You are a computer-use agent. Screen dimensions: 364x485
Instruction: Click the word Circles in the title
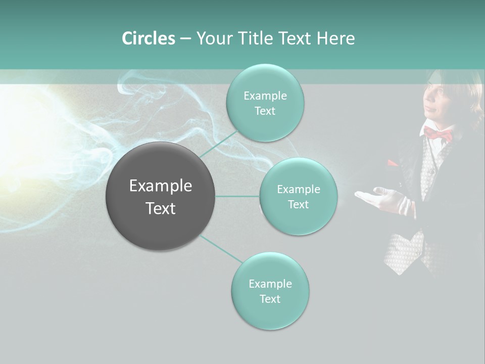(148, 38)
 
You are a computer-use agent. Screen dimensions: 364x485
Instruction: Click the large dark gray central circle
(161, 196)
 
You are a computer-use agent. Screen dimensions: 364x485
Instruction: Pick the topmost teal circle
(265, 103)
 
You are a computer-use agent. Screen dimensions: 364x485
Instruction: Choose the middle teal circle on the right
(298, 196)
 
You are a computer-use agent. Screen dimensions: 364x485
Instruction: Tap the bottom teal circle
(270, 291)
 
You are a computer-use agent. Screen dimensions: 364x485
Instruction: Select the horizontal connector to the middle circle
(237, 196)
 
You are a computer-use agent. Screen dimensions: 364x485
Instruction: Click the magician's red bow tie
(438, 134)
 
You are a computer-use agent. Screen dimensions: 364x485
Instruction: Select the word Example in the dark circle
(161, 186)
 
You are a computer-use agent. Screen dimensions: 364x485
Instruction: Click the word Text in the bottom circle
(270, 299)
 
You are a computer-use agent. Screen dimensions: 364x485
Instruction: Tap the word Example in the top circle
(265, 96)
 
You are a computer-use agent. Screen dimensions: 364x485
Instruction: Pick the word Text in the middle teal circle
(298, 204)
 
